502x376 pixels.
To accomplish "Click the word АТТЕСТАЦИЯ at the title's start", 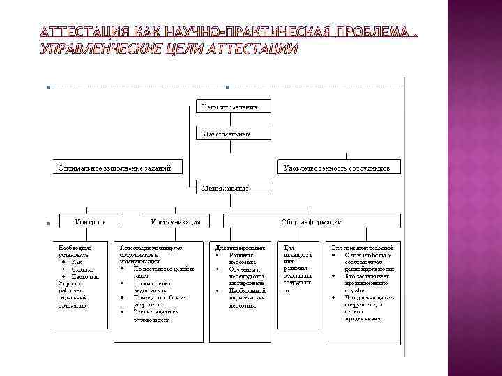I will tap(84, 33).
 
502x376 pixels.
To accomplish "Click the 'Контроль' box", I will tap(91, 222).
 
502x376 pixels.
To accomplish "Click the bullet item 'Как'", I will tap(77, 261).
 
